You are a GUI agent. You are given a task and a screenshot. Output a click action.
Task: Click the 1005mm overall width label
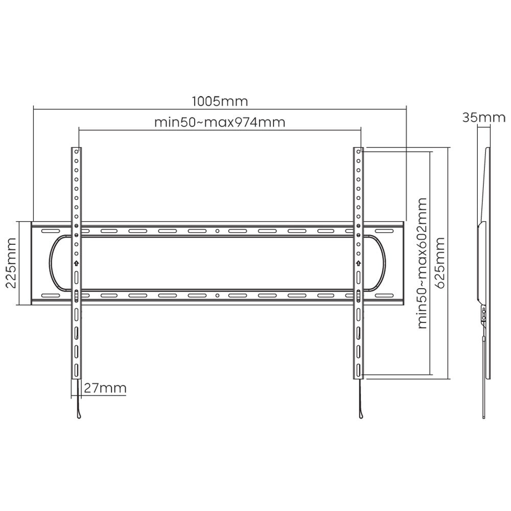(x=220, y=101)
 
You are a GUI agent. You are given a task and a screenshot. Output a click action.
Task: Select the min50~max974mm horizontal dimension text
(x=220, y=123)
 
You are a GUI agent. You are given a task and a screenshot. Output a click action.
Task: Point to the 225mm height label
(x=11, y=264)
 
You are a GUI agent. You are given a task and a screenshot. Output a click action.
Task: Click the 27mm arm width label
(x=104, y=388)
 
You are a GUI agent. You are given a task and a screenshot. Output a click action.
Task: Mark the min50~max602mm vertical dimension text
(x=422, y=264)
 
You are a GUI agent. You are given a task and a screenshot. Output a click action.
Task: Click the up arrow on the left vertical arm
(x=76, y=264)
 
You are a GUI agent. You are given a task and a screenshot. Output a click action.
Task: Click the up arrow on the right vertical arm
(x=359, y=264)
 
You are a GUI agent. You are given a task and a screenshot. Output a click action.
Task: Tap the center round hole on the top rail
(x=217, y=231)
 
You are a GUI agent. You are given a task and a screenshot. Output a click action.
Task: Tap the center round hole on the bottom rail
(x=217, y=295)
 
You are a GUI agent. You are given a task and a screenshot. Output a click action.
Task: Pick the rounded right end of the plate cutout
(x=382, y=264)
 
